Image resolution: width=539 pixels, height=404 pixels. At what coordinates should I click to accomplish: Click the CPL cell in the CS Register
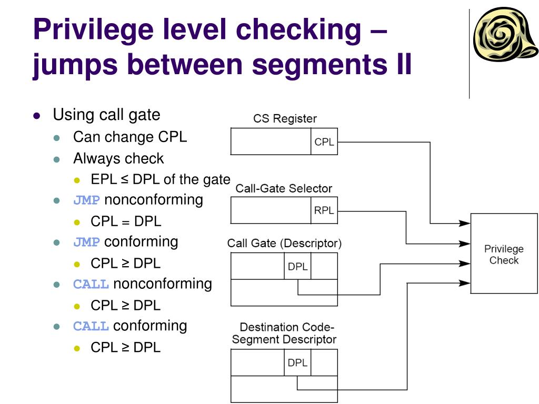(324, 142)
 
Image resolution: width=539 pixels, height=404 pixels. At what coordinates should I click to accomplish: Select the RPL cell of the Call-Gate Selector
(324, 210)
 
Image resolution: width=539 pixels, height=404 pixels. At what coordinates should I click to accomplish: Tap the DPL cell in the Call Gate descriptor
(298, 266)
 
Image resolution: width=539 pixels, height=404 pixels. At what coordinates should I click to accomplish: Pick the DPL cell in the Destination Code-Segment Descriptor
(298, 362)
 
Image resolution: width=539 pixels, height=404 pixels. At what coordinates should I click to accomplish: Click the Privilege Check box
(504, 254)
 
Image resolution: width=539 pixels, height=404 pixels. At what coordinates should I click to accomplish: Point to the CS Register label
(285, 118)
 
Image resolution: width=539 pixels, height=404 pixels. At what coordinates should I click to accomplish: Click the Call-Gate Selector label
(284, 188)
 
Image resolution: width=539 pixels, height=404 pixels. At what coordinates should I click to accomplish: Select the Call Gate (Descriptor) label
(284, 243)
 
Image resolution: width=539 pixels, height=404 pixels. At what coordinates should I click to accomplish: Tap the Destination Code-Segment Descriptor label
(284, 333)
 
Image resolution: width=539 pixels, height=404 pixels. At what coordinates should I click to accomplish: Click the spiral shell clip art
(505, 35)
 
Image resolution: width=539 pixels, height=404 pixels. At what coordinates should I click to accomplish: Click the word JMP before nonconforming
(86, 200)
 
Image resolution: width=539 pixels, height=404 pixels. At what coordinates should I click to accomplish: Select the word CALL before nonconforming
(91, 284)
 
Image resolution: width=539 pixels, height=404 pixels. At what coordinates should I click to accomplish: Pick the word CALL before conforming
(91, 326)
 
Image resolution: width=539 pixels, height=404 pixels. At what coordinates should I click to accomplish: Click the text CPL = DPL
(126, 221)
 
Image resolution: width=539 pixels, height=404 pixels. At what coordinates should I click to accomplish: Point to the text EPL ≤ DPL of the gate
(160, 179)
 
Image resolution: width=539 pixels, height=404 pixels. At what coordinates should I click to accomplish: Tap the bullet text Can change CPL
(130, 137)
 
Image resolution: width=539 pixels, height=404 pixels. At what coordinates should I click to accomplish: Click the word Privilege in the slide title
(93, 30)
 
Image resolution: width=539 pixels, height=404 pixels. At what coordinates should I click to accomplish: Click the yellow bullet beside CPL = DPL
(77, 223)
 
